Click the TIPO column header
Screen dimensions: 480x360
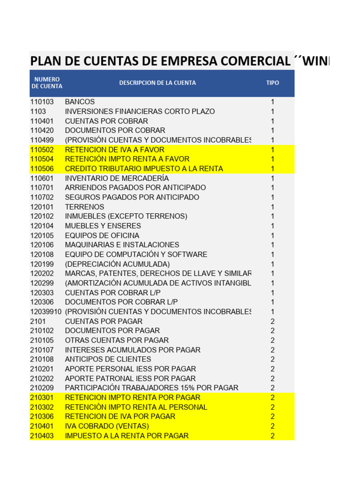[x=272, y=83]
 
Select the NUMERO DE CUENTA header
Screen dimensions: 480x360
[x=46, y=83]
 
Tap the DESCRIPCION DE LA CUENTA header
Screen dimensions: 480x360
[x=157, y=83]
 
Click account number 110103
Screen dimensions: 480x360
[x=42, y=102]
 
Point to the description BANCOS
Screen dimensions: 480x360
[x=80, y=102]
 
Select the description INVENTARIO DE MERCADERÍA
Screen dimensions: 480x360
[x=117, y=178]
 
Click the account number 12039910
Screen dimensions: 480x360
[x=45, y=312]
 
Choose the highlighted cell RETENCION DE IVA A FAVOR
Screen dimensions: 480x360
[x=114, y=150]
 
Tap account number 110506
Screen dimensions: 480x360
[x=42, y=169]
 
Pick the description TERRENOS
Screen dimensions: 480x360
[x=84, y=207]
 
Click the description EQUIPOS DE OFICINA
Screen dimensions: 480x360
[x=102, y=235]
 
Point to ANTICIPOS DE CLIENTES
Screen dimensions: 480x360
[x=108, y=360]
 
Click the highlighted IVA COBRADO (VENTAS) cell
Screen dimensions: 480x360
[x=107, y=426]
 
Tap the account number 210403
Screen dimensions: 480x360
[x=42, y=435]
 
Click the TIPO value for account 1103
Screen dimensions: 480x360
[x=272, y=112]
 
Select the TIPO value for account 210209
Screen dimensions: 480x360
[x=272, y=388]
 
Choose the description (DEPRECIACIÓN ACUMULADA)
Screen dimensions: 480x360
[x=117, y=264]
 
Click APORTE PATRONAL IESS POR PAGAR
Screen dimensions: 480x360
[x=130, y=378]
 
